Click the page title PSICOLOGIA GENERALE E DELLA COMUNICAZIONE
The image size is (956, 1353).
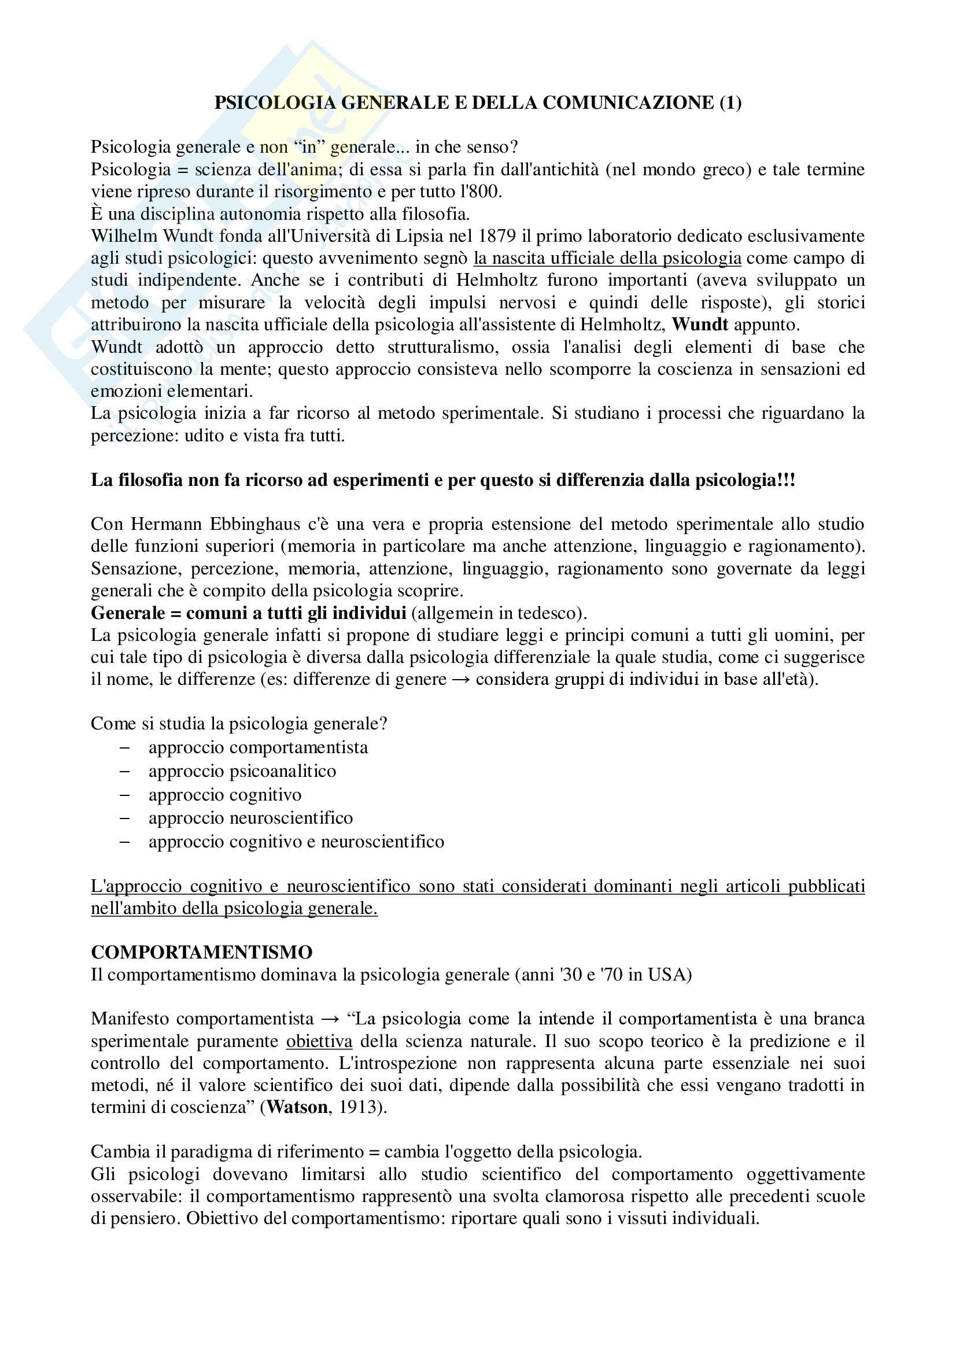point(478,103)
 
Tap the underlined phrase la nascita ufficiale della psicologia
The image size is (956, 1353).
point(607,258)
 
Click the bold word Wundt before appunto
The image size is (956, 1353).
point(700,325)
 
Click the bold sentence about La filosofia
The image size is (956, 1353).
point(442,480)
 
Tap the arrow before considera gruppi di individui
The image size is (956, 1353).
point(461,680)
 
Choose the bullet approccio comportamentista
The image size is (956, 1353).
point(258,747)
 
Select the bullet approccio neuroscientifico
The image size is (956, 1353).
point(250,818)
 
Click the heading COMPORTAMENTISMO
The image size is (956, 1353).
point(201,952)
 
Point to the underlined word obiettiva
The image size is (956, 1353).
point(319,1041)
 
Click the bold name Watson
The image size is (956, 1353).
point(297,1107)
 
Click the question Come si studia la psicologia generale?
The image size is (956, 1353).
point(238,724)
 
